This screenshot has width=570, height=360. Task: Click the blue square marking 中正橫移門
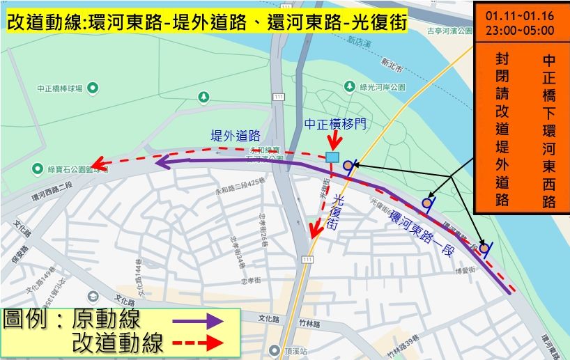(x=333, y=158)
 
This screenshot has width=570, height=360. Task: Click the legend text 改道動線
(x=118, y=343)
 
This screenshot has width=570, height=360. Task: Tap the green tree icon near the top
(x=203, y=96)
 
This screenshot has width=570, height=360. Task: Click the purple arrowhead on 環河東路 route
(x=160, y=163)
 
